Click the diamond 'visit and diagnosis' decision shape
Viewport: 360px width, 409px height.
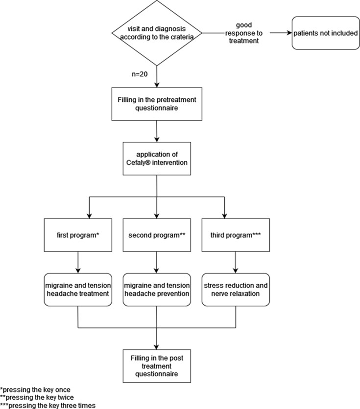(157, 33)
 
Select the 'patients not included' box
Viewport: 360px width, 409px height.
(326, 33)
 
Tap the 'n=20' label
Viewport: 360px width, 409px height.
(140, 74)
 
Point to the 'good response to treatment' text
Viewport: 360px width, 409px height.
(244, 33)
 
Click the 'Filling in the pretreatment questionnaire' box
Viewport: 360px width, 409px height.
(157, 104)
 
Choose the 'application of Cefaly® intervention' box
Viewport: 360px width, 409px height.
(157, 159)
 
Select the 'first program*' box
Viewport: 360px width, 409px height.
(78, 235)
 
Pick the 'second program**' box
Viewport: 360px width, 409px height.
(157, 235)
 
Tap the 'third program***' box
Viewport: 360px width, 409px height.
(236, 235)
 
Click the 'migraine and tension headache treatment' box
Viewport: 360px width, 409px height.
(78, 290)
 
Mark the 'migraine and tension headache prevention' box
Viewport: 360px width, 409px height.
(157, 290)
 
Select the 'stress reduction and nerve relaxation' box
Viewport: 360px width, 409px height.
(236, 290)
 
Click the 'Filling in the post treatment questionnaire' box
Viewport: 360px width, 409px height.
(157, 366)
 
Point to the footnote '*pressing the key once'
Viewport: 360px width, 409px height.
(35, 390)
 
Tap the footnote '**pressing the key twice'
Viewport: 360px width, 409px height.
(37, 398)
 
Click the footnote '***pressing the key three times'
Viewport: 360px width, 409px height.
(48, 406)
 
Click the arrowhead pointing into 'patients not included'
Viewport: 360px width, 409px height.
(289, 33)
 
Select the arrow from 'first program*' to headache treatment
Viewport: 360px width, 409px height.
(78, 262)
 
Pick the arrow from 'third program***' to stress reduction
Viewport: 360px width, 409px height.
(236, 262)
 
